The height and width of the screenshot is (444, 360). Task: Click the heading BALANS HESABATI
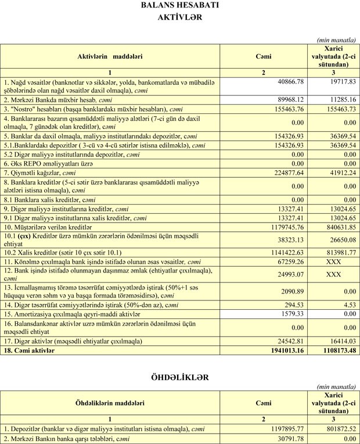(179, 6)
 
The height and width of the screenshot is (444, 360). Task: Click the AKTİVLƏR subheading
(179, 17)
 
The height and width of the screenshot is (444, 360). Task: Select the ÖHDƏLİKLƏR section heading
(179, 377)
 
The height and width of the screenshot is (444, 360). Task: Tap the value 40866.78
(287, 83)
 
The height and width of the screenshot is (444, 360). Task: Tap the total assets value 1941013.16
(284, 351)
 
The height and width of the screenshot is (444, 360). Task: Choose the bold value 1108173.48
(334, 351)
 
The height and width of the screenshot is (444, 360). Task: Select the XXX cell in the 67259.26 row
(334, 263)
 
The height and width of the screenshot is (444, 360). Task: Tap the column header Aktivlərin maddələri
(110, 56)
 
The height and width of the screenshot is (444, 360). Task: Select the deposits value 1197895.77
(284, 428)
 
